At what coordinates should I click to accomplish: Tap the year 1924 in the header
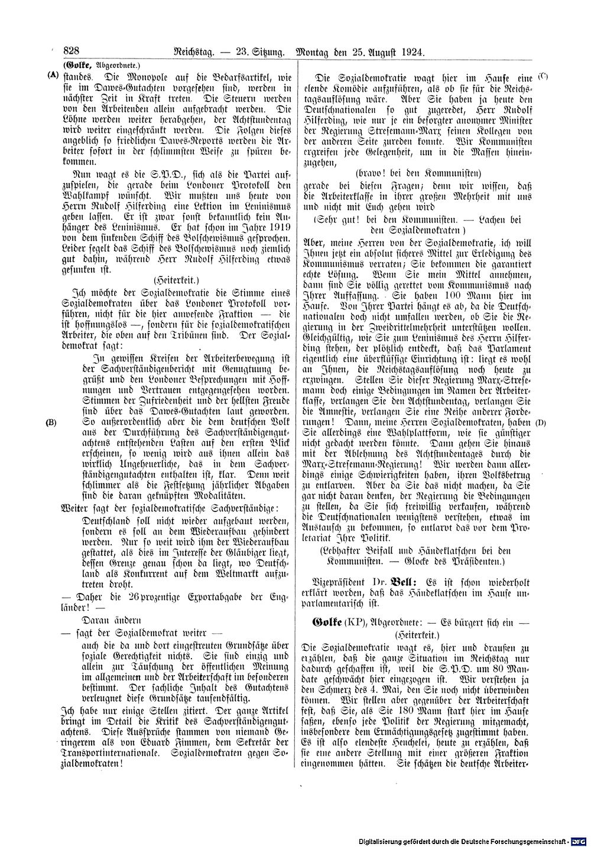(410, 52)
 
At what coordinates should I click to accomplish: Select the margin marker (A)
(53, 76)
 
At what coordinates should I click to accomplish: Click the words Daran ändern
(114, 620)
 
